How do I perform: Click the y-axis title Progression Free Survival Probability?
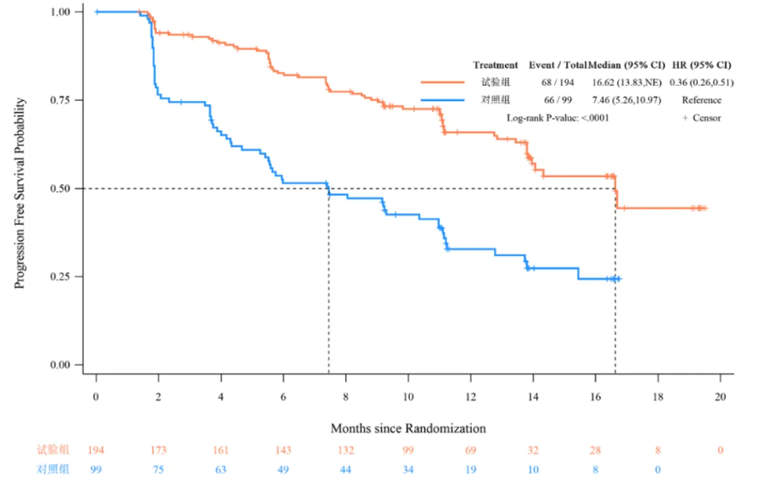point(20,193)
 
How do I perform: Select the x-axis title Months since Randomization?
point(408,427)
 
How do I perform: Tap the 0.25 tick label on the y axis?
point(59,277)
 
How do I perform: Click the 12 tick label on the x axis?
point(470,397)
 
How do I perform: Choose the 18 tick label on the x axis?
point(658,397)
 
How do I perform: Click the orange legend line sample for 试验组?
point(442,82)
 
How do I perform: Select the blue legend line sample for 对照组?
point(442,100)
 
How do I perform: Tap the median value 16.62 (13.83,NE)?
point(626,82)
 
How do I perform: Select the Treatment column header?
point(496,64)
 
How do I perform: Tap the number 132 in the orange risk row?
point(345,450)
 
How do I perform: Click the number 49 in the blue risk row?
point(283,468)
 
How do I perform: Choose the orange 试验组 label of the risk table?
point(53,450)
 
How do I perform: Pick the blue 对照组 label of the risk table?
point(53,468)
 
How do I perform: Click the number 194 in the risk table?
point(96,450)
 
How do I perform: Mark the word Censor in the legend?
point(706,118)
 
